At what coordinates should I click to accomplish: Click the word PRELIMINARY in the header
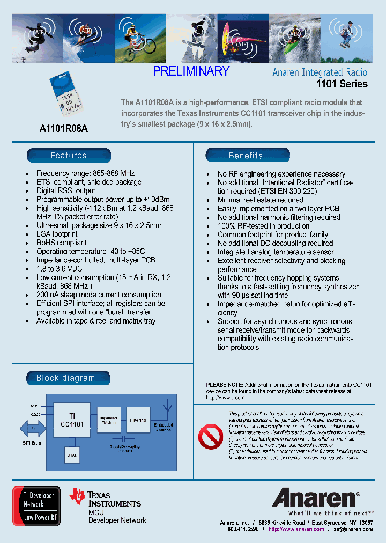[x=191, y=71]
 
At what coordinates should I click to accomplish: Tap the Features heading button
[x=69, y=156]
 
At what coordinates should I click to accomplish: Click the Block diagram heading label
[x=66, y=378]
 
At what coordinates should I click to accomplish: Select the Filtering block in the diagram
[x=138, y=421]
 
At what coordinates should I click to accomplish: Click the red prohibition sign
[x=210, y=437]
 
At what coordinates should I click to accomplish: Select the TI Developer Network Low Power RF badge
[x=36, y=505]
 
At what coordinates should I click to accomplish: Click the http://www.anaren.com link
[x=296, y=529]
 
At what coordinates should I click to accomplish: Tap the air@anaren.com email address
[x=353, y=529]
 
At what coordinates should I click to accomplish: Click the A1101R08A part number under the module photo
[x=63, y=129]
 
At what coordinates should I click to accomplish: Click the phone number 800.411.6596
[x=242, y=529]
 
